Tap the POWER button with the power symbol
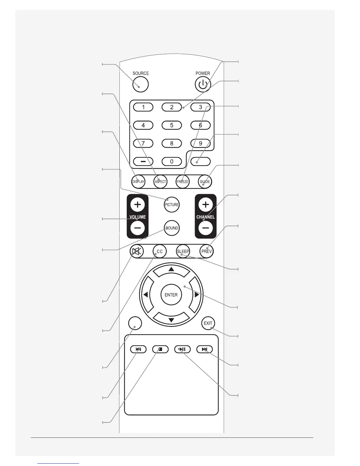point(203,85)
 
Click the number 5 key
point(172,125)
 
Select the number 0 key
point(172,161)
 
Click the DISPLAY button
point(138,182)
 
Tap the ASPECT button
point(160,182)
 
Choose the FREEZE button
point(182,182)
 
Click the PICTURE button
point(171,204)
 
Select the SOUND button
point(171,228)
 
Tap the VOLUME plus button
point(137,204)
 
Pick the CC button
point(159,251)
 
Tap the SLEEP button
point(183,251)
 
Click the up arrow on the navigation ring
point(171,270)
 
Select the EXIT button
point(208,323)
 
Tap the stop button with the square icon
point(160,349)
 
